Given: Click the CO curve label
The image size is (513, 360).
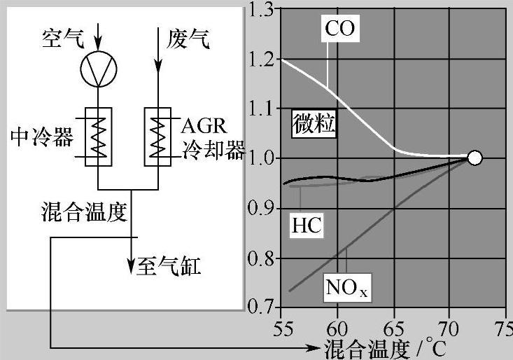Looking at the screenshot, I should coord(339,27).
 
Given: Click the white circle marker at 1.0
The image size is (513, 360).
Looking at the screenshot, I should coord(475,158).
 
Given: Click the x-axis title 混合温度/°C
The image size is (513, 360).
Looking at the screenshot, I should coord(384,347).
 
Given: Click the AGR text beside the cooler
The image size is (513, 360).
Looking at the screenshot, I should coord(204,127).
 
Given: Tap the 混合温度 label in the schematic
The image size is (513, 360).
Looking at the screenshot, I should coord(84,213).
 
